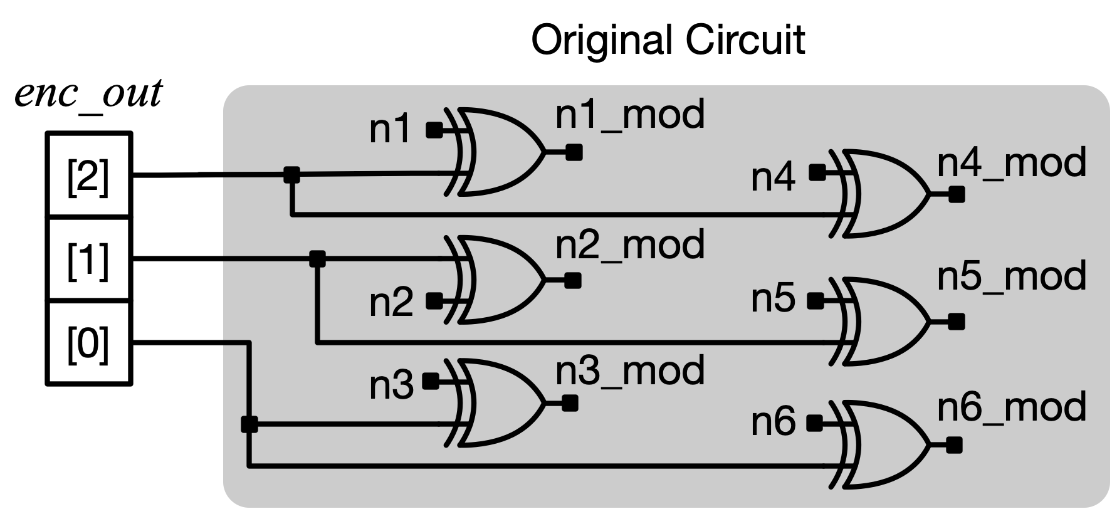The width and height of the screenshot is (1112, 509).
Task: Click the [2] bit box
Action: [88, 176]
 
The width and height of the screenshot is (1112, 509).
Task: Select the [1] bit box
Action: [88, 259]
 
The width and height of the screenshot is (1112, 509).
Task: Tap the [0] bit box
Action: [88, 342]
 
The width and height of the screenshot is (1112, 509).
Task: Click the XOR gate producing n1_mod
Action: [498, 152]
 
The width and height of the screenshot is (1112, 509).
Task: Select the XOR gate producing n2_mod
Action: [498, 280]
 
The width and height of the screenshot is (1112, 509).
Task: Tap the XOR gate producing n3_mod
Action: [498, 402]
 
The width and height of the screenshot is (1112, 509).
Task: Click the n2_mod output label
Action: [630, 244]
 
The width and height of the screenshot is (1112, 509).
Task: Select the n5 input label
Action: [773, 300]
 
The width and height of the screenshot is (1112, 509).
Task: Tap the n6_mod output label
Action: [1012, 407]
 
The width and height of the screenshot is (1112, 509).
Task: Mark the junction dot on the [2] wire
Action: [291, 175]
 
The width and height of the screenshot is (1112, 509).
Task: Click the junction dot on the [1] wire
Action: [318, 258]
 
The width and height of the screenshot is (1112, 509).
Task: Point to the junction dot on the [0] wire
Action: [249, 425]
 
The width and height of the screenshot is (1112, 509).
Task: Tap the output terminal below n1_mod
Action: [574, 152]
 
